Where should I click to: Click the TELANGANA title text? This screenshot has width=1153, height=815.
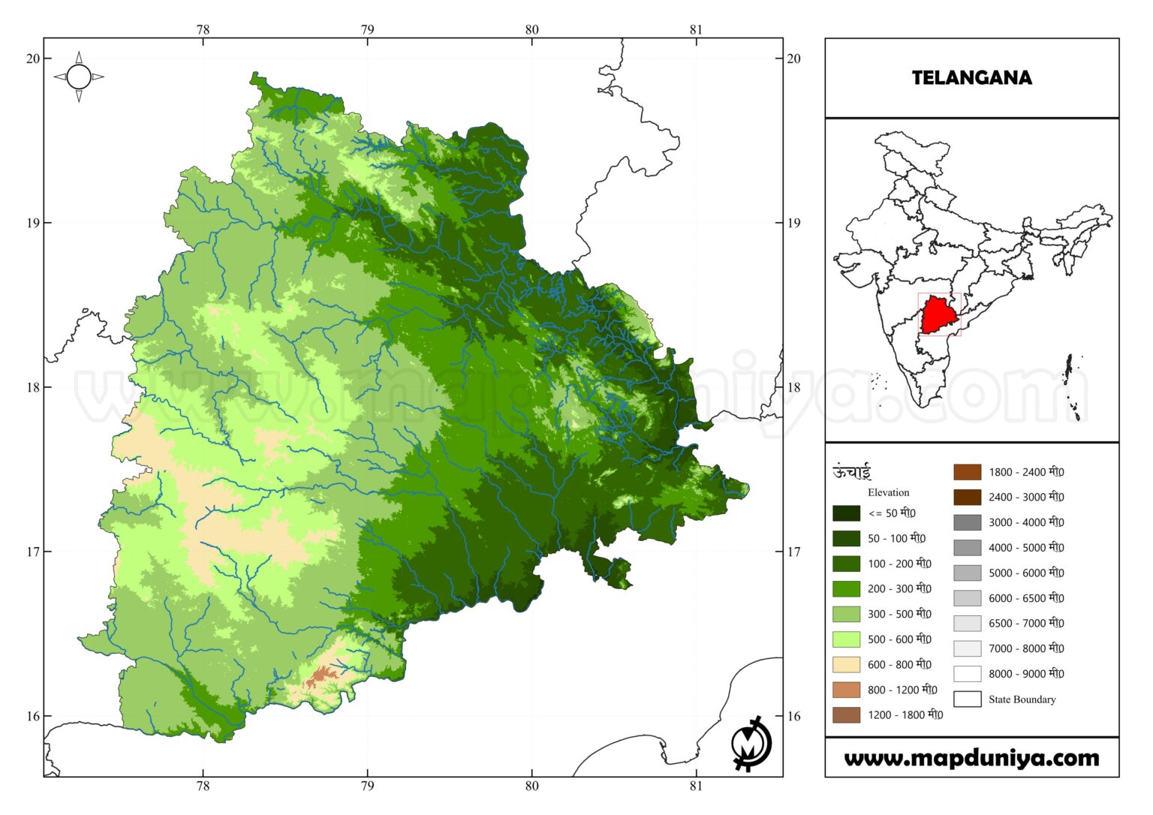pos(971,77)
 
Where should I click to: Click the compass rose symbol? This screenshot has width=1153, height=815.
pos(79,77)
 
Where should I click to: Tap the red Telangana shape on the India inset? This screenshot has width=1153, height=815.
pos(938,314)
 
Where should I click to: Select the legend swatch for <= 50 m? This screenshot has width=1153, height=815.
pos(846,513)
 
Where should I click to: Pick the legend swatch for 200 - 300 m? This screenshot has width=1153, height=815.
pos(846,588)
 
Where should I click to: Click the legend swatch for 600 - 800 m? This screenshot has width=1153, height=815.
pos(846,664)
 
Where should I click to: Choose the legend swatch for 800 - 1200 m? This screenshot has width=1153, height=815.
pos(846,690)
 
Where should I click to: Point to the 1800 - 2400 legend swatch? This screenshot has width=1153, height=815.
pos(967,472)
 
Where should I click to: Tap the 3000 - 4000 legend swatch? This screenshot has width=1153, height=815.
pos(967,522)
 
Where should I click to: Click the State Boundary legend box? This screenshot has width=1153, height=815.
pos(967,699)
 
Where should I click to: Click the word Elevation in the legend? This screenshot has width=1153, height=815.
pos(888,492)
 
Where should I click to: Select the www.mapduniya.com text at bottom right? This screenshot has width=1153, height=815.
pos(971,758)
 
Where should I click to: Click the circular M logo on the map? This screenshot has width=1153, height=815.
pos(751,744)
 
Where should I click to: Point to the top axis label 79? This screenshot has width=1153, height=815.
pos(367,30)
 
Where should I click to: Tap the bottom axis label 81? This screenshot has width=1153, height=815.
pos(696,786)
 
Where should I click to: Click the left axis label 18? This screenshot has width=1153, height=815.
pos(33,387)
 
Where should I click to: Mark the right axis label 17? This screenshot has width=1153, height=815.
pos(793,552)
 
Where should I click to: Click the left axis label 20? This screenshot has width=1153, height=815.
pos(33,59)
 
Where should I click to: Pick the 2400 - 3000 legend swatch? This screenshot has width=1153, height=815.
pos(967,497)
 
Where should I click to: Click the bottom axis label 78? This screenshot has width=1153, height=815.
pos(203,786)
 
